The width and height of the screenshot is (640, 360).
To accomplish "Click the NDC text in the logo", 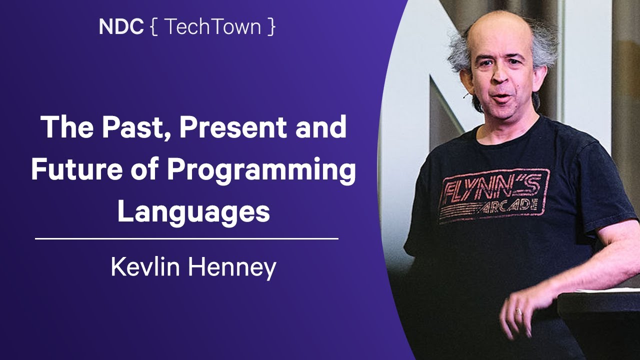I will coord(121,27).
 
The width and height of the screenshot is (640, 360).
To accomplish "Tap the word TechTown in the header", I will coord(212,27).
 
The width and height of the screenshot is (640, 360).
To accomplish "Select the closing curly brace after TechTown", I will coord(271,27).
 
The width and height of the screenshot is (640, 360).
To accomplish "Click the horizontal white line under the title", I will coord(186,239).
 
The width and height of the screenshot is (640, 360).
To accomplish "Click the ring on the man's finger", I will coord(518,311).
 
